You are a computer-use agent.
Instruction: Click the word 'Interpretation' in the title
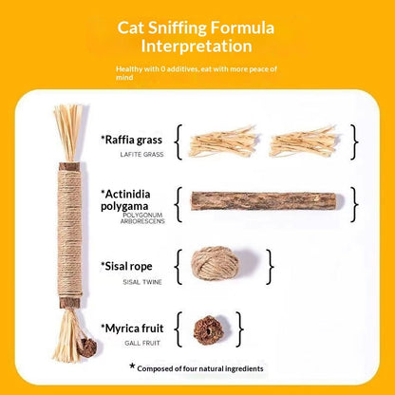pyautogui.click(x=197, y=46)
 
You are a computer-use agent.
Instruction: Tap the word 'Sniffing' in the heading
pyautogui.click(x=196, y=26)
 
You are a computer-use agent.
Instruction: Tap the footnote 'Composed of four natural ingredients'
pyautogui.click(x=202, y=367)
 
